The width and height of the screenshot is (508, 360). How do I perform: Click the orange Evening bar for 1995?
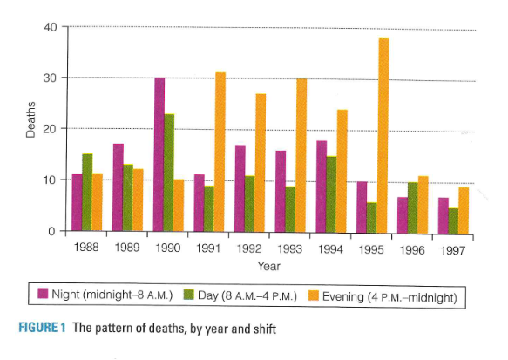383,135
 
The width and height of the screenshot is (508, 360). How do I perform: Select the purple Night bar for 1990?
159,154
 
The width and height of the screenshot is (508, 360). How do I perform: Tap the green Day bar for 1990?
169,173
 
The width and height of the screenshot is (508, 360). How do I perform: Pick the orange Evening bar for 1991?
220,153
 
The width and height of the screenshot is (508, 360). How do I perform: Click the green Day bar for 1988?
87,193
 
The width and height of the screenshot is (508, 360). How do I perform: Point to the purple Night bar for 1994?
322,187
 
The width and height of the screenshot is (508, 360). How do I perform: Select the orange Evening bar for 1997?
464,210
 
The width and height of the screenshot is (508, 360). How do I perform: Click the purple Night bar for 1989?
118,187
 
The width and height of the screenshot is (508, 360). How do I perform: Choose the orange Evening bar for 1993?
301,155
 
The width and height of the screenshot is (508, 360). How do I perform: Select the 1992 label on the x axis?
250,248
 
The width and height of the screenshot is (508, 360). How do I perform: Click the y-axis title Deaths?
29,129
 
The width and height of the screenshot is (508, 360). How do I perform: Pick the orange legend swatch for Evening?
310,296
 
